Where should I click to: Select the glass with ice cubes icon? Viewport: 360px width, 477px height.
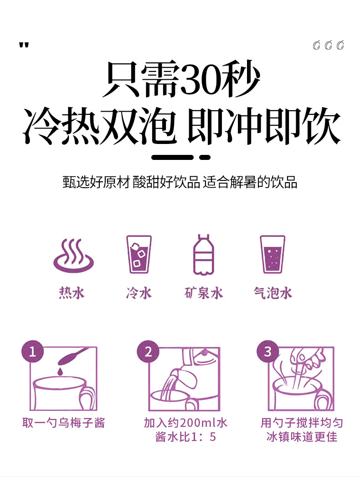point(139,254)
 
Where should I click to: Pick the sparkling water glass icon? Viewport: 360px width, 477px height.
point(272,254)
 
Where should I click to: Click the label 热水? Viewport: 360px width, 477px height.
point(72,293)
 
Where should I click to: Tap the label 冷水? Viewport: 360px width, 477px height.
point(139,293)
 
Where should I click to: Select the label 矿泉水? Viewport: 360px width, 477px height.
point(204,293)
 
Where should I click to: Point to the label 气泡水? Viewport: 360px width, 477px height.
point(273,293)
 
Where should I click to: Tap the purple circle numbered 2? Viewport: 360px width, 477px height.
point(148,352)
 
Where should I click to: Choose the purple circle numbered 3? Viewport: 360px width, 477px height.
point(267,352)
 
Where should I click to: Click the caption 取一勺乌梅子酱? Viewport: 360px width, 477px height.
point(64,423)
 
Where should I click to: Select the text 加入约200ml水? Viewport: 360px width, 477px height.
point(185,423)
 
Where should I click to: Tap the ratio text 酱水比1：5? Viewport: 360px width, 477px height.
point(185,437)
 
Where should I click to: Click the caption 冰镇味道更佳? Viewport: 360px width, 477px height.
point(302,437)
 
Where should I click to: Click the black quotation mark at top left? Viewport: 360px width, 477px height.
point(24,46)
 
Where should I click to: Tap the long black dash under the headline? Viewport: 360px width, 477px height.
point(173,157)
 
